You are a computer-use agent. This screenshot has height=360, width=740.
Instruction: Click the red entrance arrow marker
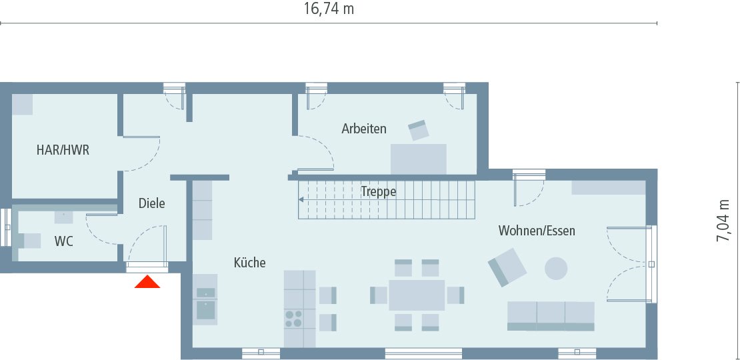point(147,282)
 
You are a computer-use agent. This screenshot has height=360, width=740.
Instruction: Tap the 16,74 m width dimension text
point(329,9)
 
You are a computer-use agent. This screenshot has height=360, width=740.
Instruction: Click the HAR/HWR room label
point(63,151)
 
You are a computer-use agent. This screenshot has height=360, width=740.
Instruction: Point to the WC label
point(64,241)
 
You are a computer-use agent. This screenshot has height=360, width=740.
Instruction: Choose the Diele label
point(151,203)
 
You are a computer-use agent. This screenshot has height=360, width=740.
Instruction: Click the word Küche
point(249,263)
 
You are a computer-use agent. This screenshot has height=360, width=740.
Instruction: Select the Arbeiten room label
point(363,129)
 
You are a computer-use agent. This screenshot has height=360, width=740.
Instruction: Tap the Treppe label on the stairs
point(379,191)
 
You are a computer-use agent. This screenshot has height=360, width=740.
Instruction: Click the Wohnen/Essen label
point(537,231)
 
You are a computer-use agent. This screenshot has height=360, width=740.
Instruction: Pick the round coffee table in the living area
point(556,269)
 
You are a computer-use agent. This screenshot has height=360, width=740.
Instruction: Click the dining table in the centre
point(417,295)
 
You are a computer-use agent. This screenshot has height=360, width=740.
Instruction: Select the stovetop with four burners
point(293,318)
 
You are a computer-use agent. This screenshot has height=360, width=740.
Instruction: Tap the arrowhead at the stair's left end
point(301,199)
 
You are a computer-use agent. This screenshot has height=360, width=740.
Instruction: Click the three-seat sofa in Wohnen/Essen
point(551,315)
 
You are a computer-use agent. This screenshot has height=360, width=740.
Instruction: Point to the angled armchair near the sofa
point(507,267)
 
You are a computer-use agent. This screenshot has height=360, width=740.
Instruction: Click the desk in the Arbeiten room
point(418,158)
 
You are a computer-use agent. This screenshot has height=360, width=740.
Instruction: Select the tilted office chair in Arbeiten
point(419,130)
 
